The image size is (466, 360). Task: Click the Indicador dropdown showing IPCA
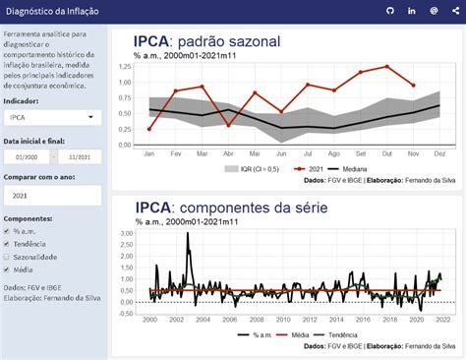tap(51, 117)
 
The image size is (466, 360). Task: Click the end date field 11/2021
tap(80, 156)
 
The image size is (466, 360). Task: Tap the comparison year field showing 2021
tap(51, 196)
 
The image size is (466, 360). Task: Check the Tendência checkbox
tap(8, 244)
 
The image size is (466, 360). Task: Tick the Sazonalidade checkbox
tap(8, 257)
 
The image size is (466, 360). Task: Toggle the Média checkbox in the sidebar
tap(8, 270)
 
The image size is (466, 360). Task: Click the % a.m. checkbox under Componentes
tap(8, 231)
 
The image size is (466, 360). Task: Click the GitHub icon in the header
tap(389, 10)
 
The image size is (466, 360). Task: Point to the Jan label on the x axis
tap(149, 154)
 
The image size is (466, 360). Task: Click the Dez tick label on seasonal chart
tap(438, 154)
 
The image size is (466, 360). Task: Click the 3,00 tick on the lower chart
tap(126, 233)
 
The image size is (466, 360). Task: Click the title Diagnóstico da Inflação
tap(46, 10)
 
